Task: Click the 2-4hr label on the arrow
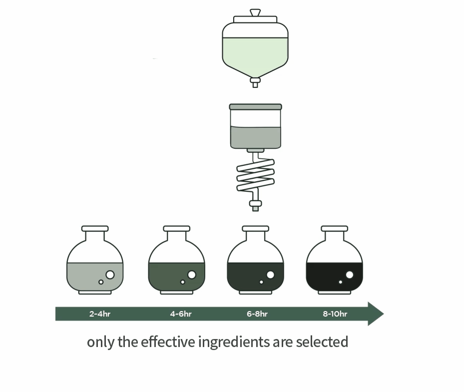pyautogui.click(x=100, y=314)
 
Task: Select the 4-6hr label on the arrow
pyautogui.click(x=181, y=314)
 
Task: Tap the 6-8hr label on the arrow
pyautogui.click(x=257, y=314)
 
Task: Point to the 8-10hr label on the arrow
pyautogui.click(x=335, y=314)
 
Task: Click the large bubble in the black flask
pyautogui.click(x=350, y=275)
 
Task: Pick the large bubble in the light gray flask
pyautogui.click(x=110, y=275)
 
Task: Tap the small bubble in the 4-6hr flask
pyautogui.click(x=183, y=282)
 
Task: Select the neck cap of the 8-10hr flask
pyautogui.click(x=334, y=229)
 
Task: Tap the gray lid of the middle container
pyautogui.click(x=255, y=107)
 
